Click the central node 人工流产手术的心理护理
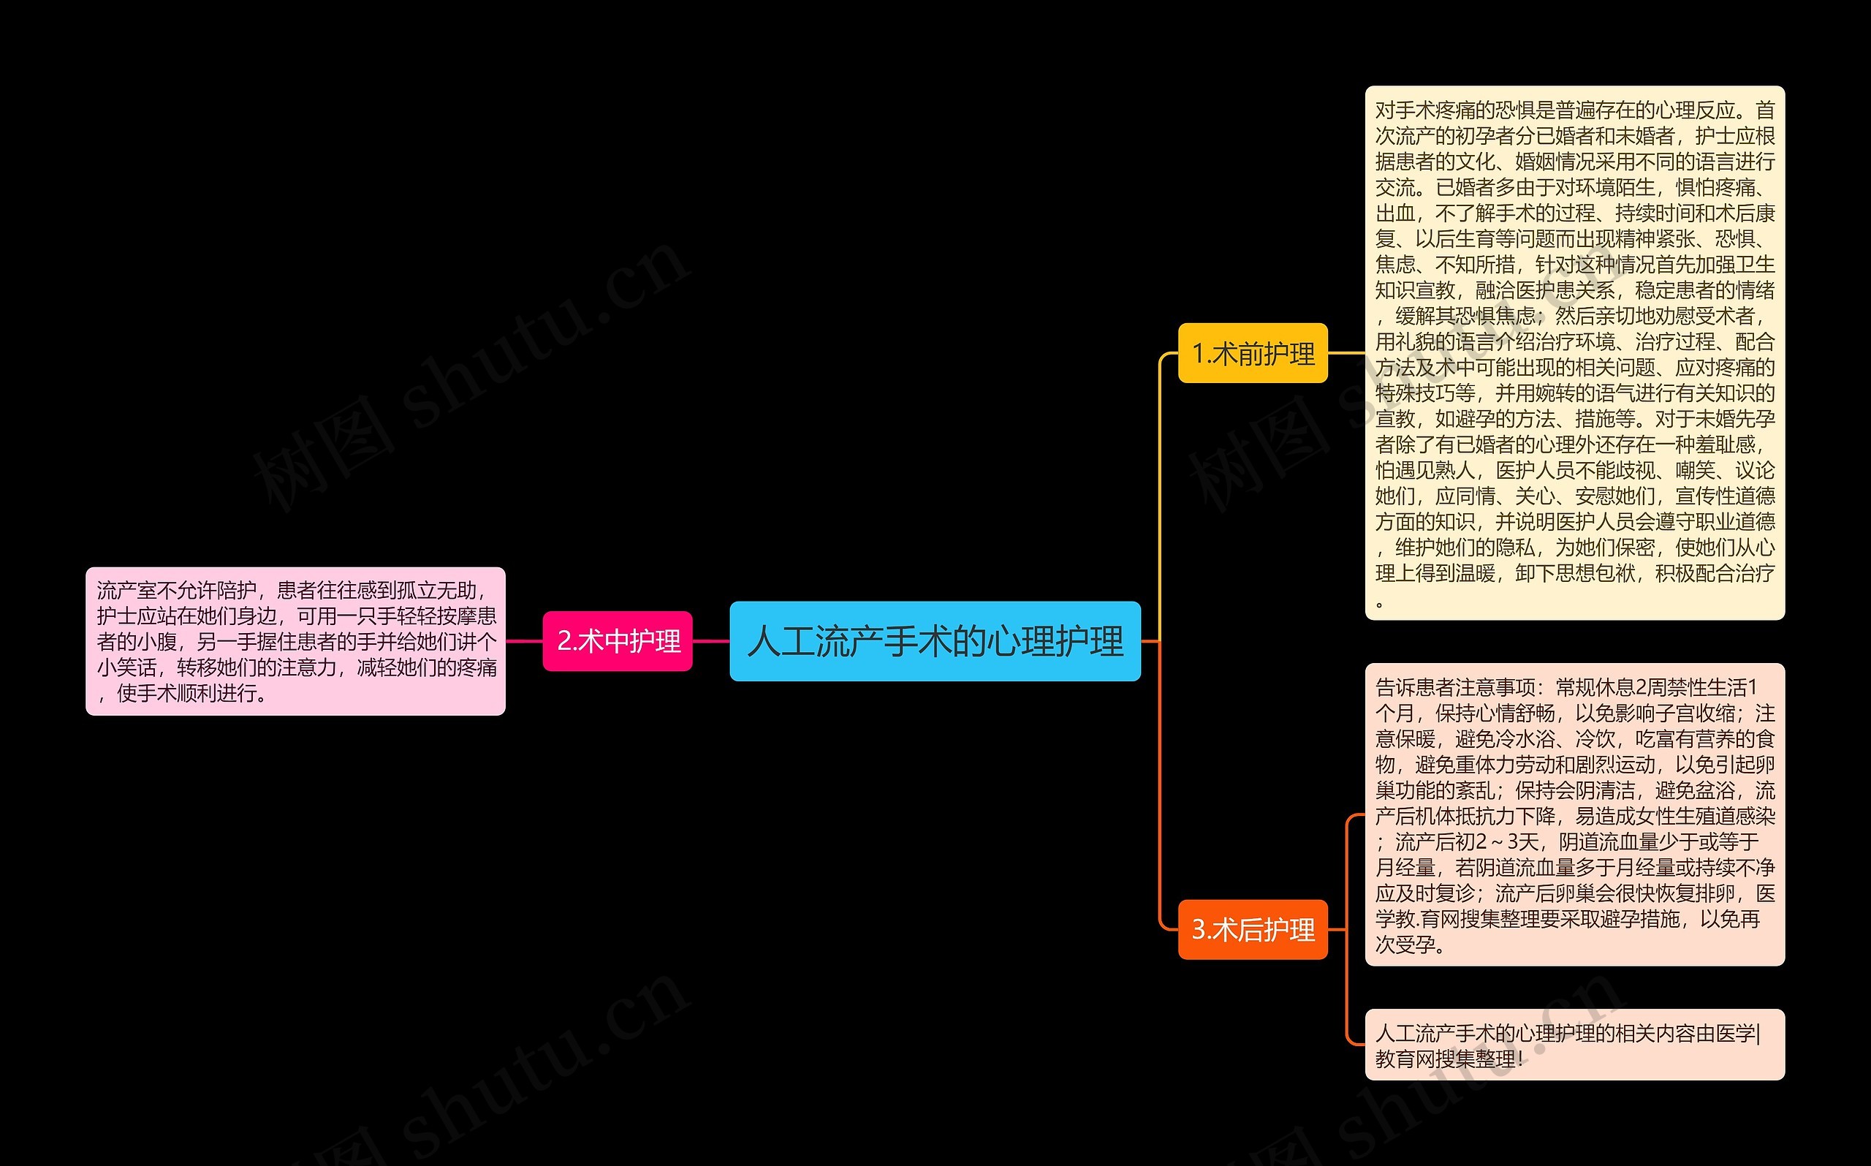coord(934,641)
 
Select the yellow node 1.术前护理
coord(1252,353)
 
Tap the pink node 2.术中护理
coord(618,641)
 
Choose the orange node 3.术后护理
coord(1252,929)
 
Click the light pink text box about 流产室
coord(295,641)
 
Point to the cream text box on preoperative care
coord(1574,352)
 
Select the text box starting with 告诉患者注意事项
coord(1574,814)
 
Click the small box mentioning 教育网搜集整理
coord(1574,1045)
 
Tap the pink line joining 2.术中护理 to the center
coord(711,641)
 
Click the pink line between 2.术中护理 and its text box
coord(524,641)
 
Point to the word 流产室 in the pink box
coord(126,591)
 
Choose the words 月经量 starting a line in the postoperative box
coord(1405,868)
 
